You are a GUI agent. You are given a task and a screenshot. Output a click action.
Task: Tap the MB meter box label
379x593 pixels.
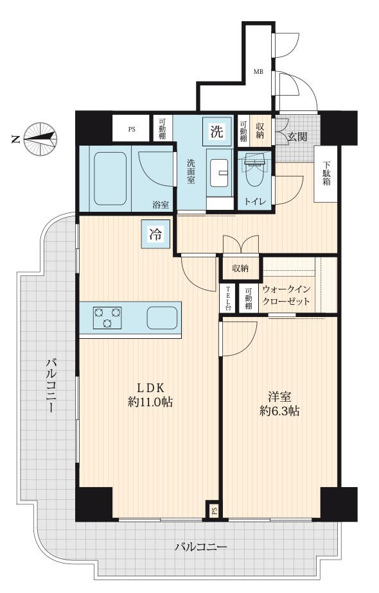pyautogui.click(x=258, y=72)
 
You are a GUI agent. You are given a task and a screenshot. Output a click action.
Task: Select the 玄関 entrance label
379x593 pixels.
pyautogui.click(x=297, y=137)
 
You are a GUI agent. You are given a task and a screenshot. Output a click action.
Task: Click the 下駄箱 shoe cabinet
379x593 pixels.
pyautogui.click(x=326, y=173)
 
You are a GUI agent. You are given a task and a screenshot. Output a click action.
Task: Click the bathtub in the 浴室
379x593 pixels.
pyautogui.click(x=110, y=178)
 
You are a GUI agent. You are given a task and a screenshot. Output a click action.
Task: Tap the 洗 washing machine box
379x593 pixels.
pyautogui.click(x=216, y=131)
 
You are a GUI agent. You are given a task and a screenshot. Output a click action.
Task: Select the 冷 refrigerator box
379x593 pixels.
pyautogui.click(x=155, y=234)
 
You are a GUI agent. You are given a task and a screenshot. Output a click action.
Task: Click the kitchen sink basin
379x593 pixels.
pyautogui.click(x=162, y=317)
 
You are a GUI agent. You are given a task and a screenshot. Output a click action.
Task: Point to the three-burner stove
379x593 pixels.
pyautogui.click(x=107, y=317)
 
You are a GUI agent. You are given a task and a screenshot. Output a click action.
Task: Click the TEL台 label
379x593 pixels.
pyautogui.click(x=228, y=298)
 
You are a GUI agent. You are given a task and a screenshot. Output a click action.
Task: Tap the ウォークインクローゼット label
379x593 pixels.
pyautogui.click(x=286, y=295)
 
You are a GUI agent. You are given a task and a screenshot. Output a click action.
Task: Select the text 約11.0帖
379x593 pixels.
pyautogui.click(x=150, y=402)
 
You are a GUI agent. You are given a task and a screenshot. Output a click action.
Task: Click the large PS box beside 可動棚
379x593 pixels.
pyautogui.click(x=132, y=130)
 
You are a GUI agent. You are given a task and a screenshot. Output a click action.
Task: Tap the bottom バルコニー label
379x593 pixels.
pyautogui.click(x=200, y=547)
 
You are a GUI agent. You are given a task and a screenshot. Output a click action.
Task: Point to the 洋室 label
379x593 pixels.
pyautogui.click(x=279, y=397)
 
